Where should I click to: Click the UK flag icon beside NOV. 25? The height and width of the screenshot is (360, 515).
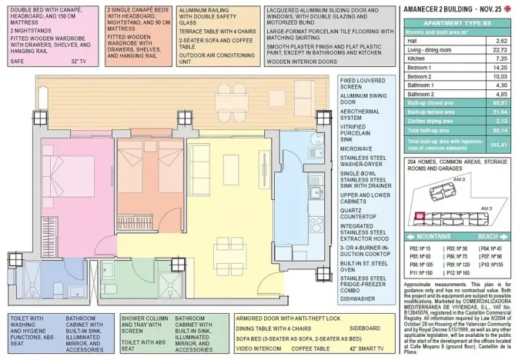tap(507, 8)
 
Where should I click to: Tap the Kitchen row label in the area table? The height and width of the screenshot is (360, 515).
tap(416, 58)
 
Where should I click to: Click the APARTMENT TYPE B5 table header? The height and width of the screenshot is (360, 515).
tap(457, 23)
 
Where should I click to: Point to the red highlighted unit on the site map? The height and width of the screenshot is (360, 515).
tap(420, 218)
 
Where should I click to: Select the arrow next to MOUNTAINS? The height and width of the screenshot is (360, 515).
tap(410, 236)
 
